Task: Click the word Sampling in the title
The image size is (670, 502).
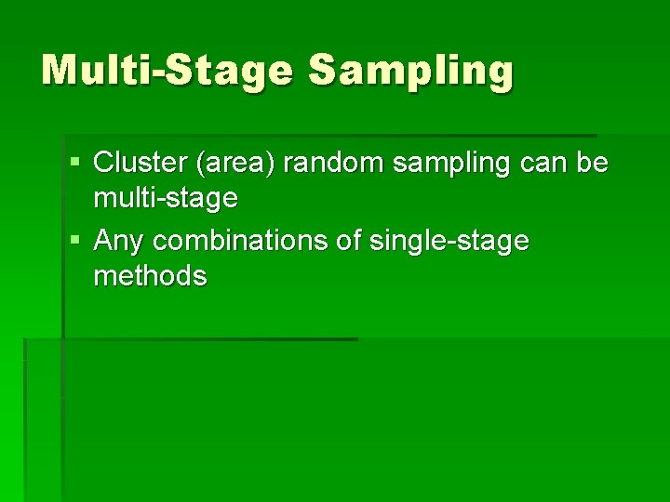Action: click(x=410, y=72)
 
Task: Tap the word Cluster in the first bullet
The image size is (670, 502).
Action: click(x=140, y=164)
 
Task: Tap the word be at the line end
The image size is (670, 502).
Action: click(x=593, y=164)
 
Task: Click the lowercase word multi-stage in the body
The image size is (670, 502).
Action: click(x=166, y=198)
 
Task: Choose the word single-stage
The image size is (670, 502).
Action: click(x=449, y=243)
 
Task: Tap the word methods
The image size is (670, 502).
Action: click(x=150, y=276)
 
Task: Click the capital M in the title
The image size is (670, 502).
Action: click(x=62, y=70)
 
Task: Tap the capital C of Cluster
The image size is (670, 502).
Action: click(x=105, y=164)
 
